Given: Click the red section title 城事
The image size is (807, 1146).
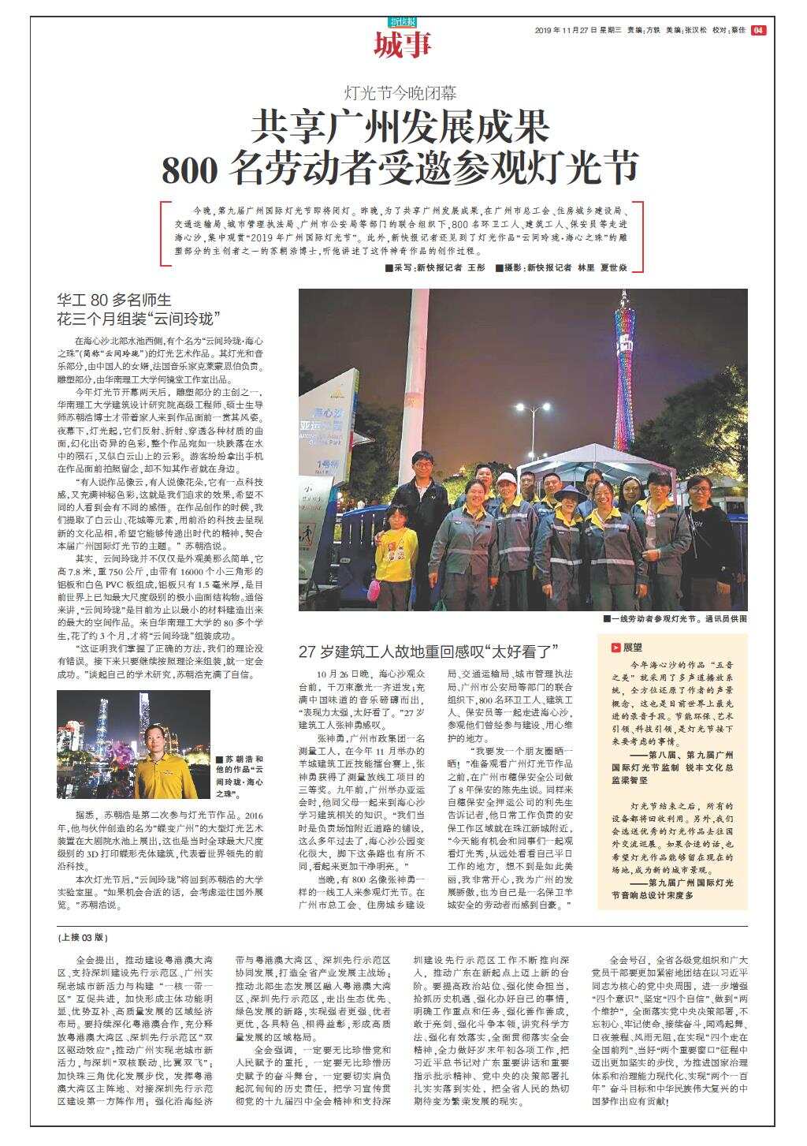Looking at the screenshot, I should (402, 46).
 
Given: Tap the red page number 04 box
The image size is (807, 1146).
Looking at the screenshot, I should (758, 30).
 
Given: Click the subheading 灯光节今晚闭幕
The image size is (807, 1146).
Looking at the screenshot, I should (402, 93).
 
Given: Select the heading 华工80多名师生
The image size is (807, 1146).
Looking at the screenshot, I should (113, 300).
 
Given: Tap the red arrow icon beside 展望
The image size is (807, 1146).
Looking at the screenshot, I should (615, 647).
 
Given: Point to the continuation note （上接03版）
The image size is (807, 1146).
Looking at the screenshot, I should (82, 938).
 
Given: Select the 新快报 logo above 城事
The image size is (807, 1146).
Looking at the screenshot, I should (402, 21).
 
